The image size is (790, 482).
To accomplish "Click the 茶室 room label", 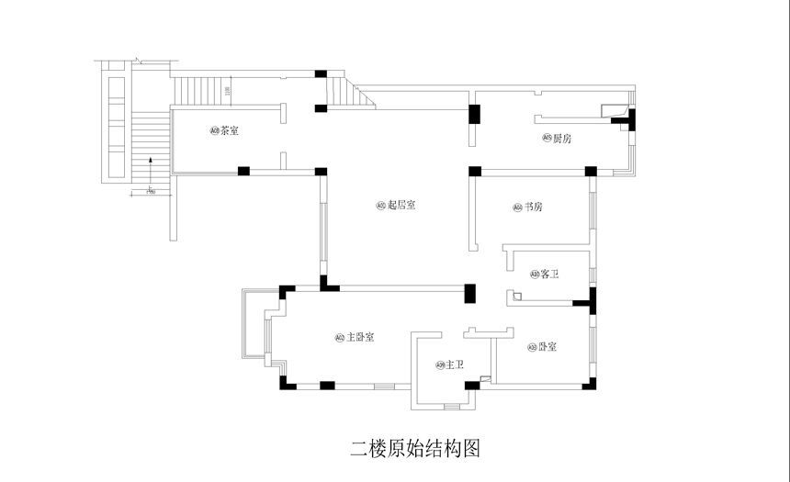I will [230, 131].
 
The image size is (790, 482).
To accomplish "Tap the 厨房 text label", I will [562, 139].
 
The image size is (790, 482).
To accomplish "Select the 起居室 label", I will [401, 205].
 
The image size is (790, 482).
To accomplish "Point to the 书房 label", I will [533, 207].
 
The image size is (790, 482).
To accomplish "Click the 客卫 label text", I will [550, 275].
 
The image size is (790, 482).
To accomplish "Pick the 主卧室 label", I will [359, 337].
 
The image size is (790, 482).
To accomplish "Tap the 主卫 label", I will [454, 365].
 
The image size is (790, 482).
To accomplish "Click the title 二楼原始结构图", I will [415, 448].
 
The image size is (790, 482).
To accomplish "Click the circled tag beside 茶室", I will [214, 131].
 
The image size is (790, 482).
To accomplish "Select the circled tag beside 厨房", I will [547, 139].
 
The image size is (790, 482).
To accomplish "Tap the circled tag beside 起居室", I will [380, 205].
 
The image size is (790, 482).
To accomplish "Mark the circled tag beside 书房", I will [517, 207].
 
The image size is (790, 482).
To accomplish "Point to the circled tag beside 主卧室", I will [340, 337].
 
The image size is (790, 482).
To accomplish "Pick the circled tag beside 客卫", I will [535, 275].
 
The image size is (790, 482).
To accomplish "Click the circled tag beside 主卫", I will [440, 365].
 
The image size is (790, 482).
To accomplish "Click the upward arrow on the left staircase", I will [149, 168].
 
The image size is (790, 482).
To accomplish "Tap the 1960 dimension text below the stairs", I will [151, 192].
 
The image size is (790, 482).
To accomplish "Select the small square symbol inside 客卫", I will [517, 297].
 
